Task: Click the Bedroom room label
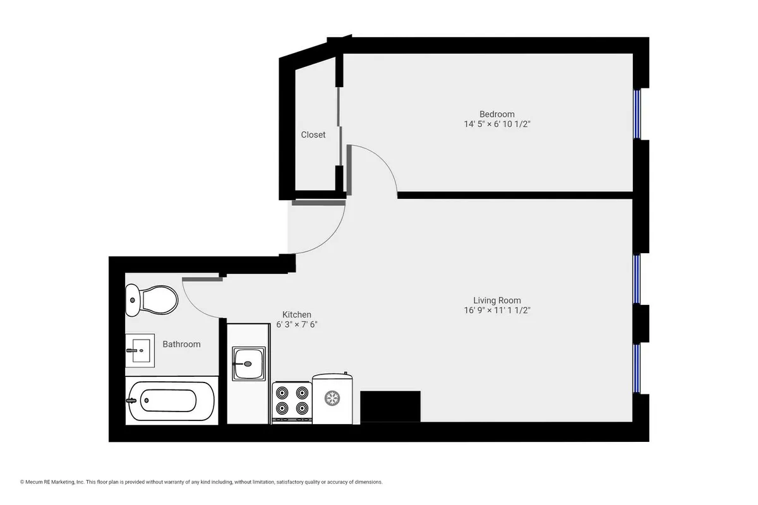[x=496, y=114]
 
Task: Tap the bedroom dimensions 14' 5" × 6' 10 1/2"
[x=496, y=124]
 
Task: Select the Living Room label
[x=497, y=300]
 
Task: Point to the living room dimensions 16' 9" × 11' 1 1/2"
[x=497, y=311]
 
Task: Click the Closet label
[x=313, y=134]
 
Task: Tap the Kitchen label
[x=296, y=314]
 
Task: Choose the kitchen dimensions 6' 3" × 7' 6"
[x=296, y=324]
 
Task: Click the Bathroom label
[x=181, y=344]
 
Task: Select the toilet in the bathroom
[x=152, y=300]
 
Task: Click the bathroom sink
[x=140, y=350]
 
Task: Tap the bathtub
[x=171, y=400]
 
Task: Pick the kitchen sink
[x=248, y=364]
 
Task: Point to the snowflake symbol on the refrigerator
[x=332, y=398]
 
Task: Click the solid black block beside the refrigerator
[x=390, y=406]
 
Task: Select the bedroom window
[x=637, y=114]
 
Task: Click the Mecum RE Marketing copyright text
[x=202, y=482]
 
